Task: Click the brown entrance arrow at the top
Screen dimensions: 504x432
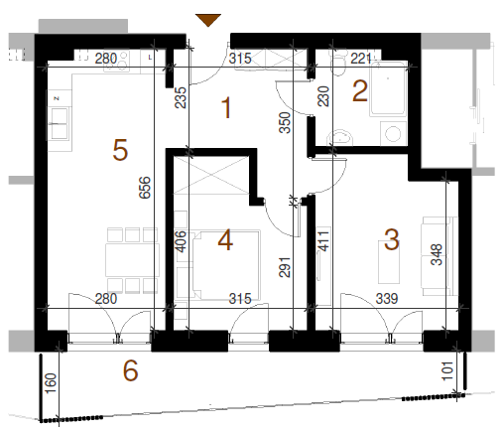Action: click(208, 20)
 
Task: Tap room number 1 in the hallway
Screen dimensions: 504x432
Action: click(226, 107)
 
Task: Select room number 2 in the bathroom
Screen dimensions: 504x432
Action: click(360, 91)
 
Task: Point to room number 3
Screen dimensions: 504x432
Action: click(392, 239)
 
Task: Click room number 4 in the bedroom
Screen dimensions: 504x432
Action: click(225, 240)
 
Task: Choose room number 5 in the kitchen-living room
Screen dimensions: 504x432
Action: click(120, 150)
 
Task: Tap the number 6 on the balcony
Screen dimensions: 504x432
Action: click(130, 370)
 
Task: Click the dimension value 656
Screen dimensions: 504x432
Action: click(145, 188)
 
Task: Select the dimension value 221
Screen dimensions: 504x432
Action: click(361, 59)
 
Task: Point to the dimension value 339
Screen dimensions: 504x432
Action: click(387, 299)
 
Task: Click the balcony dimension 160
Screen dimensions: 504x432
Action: click(51, 383)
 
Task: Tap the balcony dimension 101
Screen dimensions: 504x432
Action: click(447, 370)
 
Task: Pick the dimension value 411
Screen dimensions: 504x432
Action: click(323, 241)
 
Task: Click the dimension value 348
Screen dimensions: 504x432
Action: click(437, 254)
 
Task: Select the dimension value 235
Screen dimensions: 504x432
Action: click(181, 97)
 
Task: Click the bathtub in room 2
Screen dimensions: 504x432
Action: click(388, 88)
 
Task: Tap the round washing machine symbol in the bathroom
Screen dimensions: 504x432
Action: click(393, 134)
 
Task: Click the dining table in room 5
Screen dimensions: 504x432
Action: click(132, 260)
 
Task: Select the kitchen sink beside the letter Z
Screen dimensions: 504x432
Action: click(60, 123)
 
